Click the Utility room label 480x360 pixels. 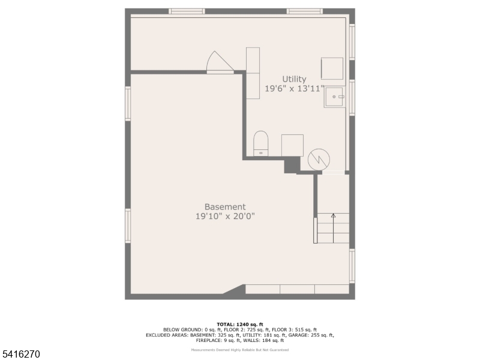tap(294, 79)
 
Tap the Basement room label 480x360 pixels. tap(225, 207)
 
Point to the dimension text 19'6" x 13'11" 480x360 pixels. tap(294, 89)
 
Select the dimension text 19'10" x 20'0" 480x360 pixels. tap(225, 217)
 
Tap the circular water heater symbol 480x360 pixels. tap(319, 160)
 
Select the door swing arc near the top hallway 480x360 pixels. tap(218, 62)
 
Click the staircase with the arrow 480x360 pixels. tap(333, 227)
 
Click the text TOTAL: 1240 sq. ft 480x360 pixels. tap(239, 325)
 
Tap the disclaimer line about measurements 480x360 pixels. tap(239, 350)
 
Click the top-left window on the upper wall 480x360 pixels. tap(187, 11)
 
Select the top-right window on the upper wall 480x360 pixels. tap(304, 11)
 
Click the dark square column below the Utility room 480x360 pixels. tap(292, 164)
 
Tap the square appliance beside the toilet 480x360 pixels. tap(292, 145)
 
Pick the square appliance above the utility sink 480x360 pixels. tap(332, 68)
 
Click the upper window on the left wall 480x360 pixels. tap(128, 103)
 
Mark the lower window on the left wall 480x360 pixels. tap(128, 226)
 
